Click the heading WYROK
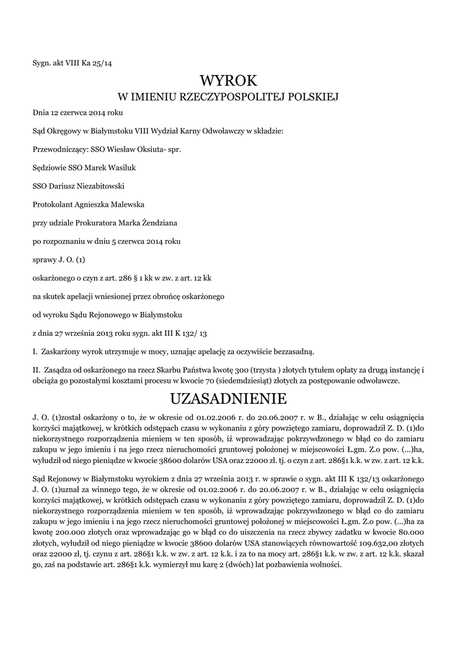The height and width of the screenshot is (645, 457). (228, 80)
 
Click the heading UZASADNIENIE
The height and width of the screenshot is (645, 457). (228, 399)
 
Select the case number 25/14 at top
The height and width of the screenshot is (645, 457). (101, 63)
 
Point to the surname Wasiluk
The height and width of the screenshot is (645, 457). (122, 168)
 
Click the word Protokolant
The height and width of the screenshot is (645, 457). (54, 205)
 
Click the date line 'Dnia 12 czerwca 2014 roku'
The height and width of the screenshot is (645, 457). (78, 113)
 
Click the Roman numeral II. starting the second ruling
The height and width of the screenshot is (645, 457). (36, 368)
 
